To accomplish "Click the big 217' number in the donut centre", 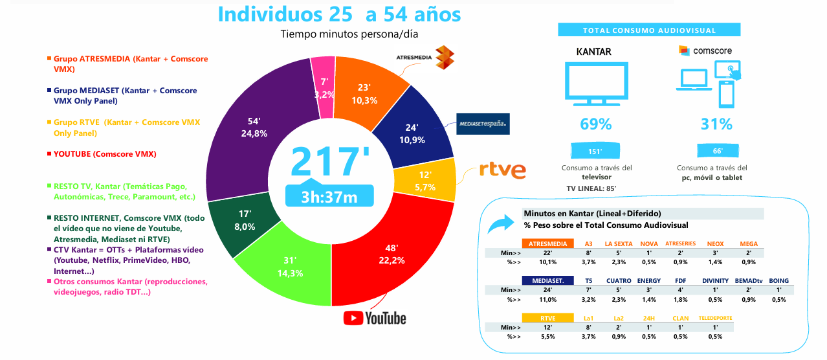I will [329, 162].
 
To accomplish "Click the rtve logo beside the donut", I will [502, 170].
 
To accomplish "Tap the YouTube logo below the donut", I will [375, 318].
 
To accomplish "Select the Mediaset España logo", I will [483, 123].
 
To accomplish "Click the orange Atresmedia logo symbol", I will [445, 58].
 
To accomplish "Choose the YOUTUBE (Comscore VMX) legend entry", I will [105, 154].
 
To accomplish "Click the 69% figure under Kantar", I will [595, 124].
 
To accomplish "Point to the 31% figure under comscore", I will [716, 124].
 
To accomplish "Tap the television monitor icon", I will [596, 84].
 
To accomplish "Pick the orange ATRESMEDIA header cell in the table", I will [548, 243].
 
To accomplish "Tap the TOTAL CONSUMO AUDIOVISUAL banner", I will [649, 30].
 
